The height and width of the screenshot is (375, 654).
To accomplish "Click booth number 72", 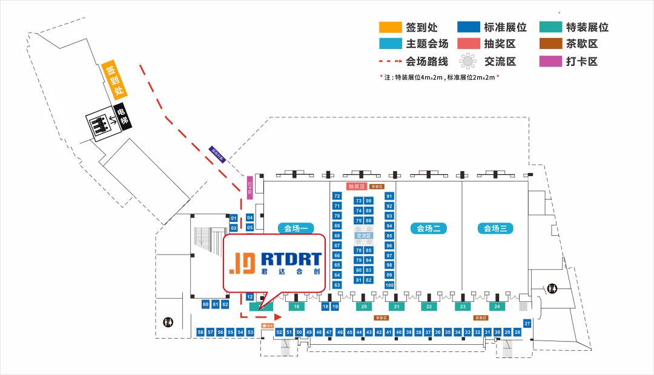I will (337, 196).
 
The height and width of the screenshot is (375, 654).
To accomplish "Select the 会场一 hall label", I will (297, 229).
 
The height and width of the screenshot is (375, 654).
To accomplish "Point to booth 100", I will (389, 285).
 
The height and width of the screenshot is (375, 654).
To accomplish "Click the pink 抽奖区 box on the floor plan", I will (356, 186).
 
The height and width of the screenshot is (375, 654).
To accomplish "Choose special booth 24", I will (497, 307).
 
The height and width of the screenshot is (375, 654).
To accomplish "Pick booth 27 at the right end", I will (527, 324).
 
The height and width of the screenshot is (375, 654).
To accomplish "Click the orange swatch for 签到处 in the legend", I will (390, 27).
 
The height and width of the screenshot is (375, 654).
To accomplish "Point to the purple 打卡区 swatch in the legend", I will (549, 61).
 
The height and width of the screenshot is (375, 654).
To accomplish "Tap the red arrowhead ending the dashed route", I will (279, 316).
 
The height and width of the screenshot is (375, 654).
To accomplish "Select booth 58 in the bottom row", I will (200, 333).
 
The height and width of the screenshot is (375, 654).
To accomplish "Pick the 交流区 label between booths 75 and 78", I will (363, 235).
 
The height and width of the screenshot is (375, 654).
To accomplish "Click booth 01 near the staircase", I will (234, 218).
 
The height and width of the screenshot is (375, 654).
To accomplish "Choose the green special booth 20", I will (363, 307).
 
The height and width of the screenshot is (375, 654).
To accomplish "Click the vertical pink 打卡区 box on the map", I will (249, 187).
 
